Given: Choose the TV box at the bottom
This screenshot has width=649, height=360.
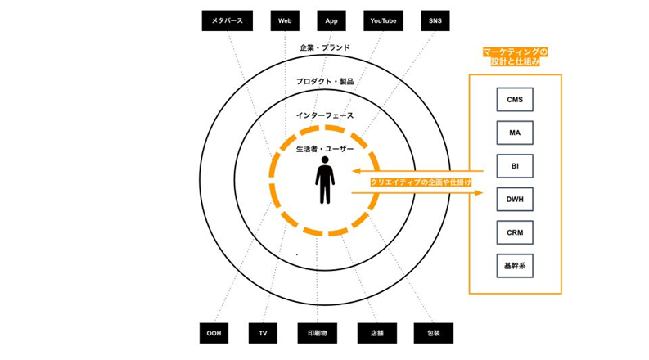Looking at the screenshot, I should coord(263,333).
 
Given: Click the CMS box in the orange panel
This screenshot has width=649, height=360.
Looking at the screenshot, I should coord(515,101).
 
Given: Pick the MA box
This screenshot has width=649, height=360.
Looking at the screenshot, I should coord(515,133).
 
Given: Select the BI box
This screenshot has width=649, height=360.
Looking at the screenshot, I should coord(515,167).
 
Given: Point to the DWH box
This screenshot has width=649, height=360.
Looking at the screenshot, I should coord(515,200).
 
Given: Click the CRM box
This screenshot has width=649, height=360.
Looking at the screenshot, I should coord(515,233).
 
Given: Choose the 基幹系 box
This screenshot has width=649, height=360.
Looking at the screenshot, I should coord(515,266).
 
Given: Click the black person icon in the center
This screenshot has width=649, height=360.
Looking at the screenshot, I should coord(325,179).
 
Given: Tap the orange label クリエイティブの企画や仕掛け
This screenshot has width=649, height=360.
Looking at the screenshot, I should coord(421,182).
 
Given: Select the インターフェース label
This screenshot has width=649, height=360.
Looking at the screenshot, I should coord(325,115).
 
